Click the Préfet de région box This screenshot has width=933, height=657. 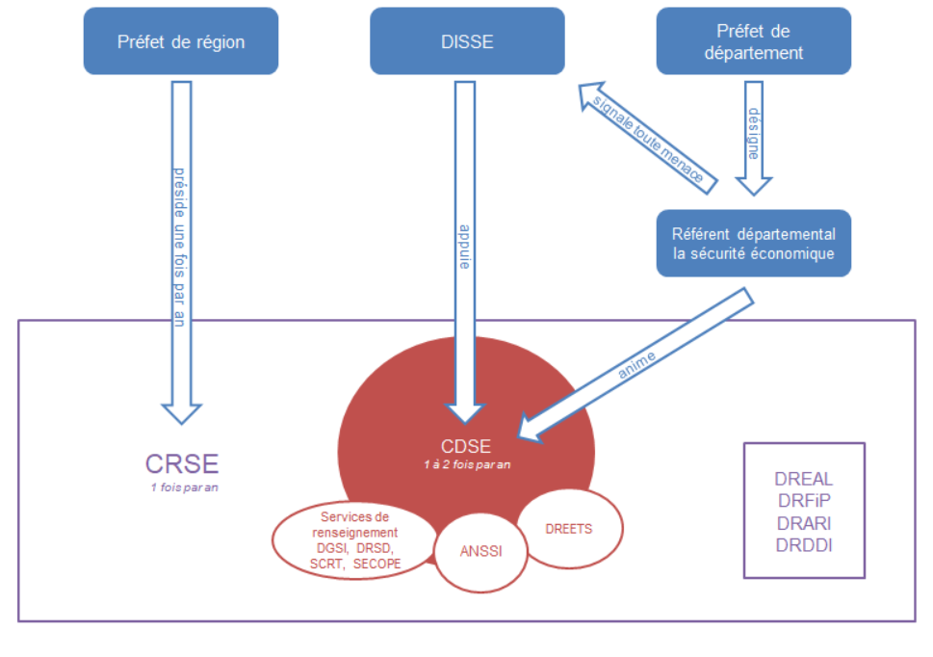click(181, 41)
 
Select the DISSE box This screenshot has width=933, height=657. click(467, 41)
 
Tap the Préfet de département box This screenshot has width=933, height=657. click(753, 41)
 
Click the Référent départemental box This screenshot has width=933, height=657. click(753, 244)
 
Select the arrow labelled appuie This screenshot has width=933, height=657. click(464, 250)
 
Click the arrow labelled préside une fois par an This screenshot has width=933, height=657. click(180, 250)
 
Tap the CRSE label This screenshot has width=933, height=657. click(182, 463)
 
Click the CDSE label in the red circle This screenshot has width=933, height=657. click(465, 446)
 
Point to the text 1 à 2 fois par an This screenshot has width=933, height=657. click(466, 464)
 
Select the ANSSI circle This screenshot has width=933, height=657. click(480, 552)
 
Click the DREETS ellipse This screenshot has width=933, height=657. click(567, 528)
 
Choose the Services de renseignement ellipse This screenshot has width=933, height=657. click(354, 539)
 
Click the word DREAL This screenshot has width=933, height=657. click(803, 479)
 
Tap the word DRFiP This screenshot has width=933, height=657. click(803, 501)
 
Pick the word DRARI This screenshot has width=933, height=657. click(803, 522)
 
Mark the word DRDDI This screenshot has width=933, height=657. click(803, 544)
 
